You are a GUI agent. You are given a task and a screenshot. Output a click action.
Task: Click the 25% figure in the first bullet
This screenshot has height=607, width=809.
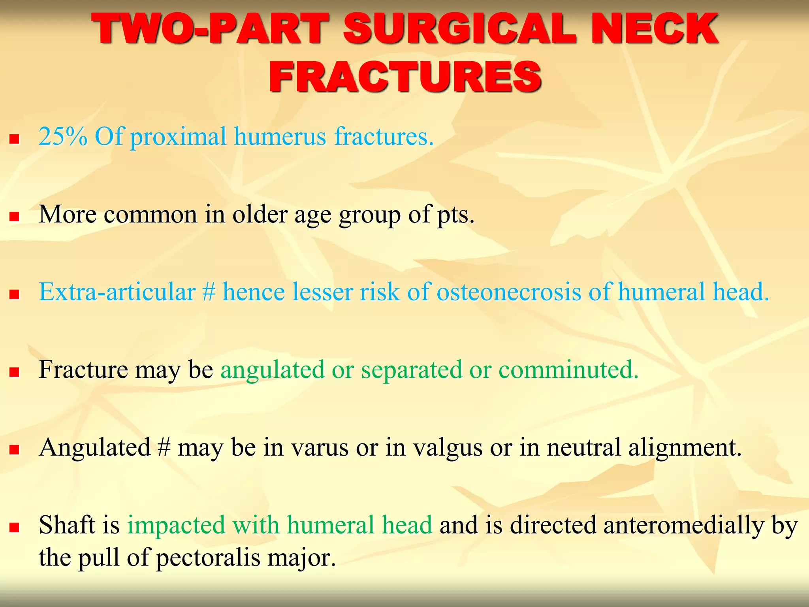(63, 136)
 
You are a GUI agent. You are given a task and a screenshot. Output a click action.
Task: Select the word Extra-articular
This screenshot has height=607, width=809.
(117, 292)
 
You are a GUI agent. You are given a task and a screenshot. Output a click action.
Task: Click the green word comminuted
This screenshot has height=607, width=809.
(568, 370)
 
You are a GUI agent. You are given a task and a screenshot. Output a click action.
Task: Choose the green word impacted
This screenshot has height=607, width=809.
(176, 526)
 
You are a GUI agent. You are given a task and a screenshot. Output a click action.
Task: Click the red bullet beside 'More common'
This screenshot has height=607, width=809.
(15, 217)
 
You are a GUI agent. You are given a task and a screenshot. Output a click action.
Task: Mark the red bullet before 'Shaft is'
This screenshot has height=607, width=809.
(15, 528)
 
